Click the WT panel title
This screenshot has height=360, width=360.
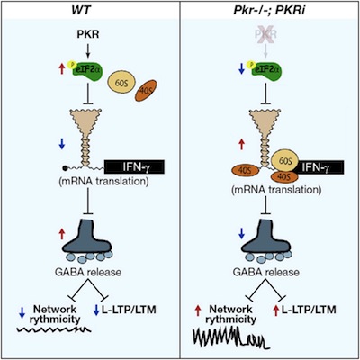point(81,10)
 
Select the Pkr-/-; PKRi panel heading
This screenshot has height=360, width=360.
point(267,10)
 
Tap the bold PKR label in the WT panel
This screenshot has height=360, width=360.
point(88,34)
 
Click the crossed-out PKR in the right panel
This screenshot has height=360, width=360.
point(265,34)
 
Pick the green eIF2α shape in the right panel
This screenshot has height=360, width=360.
point(265,70)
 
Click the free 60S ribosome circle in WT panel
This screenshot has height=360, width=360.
point(121,84)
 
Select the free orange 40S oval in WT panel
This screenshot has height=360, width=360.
point(146,91)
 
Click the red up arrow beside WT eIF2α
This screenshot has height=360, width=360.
point(62,69)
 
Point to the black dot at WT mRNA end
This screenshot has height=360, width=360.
point(65,168)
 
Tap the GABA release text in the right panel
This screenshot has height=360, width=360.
point(266,272)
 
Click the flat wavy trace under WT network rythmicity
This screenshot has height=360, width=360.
point(53,329)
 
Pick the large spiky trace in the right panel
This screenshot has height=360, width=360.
point(229,337)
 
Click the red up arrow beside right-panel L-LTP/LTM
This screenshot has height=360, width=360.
point(276,310)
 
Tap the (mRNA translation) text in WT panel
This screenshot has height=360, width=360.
point(103,182)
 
